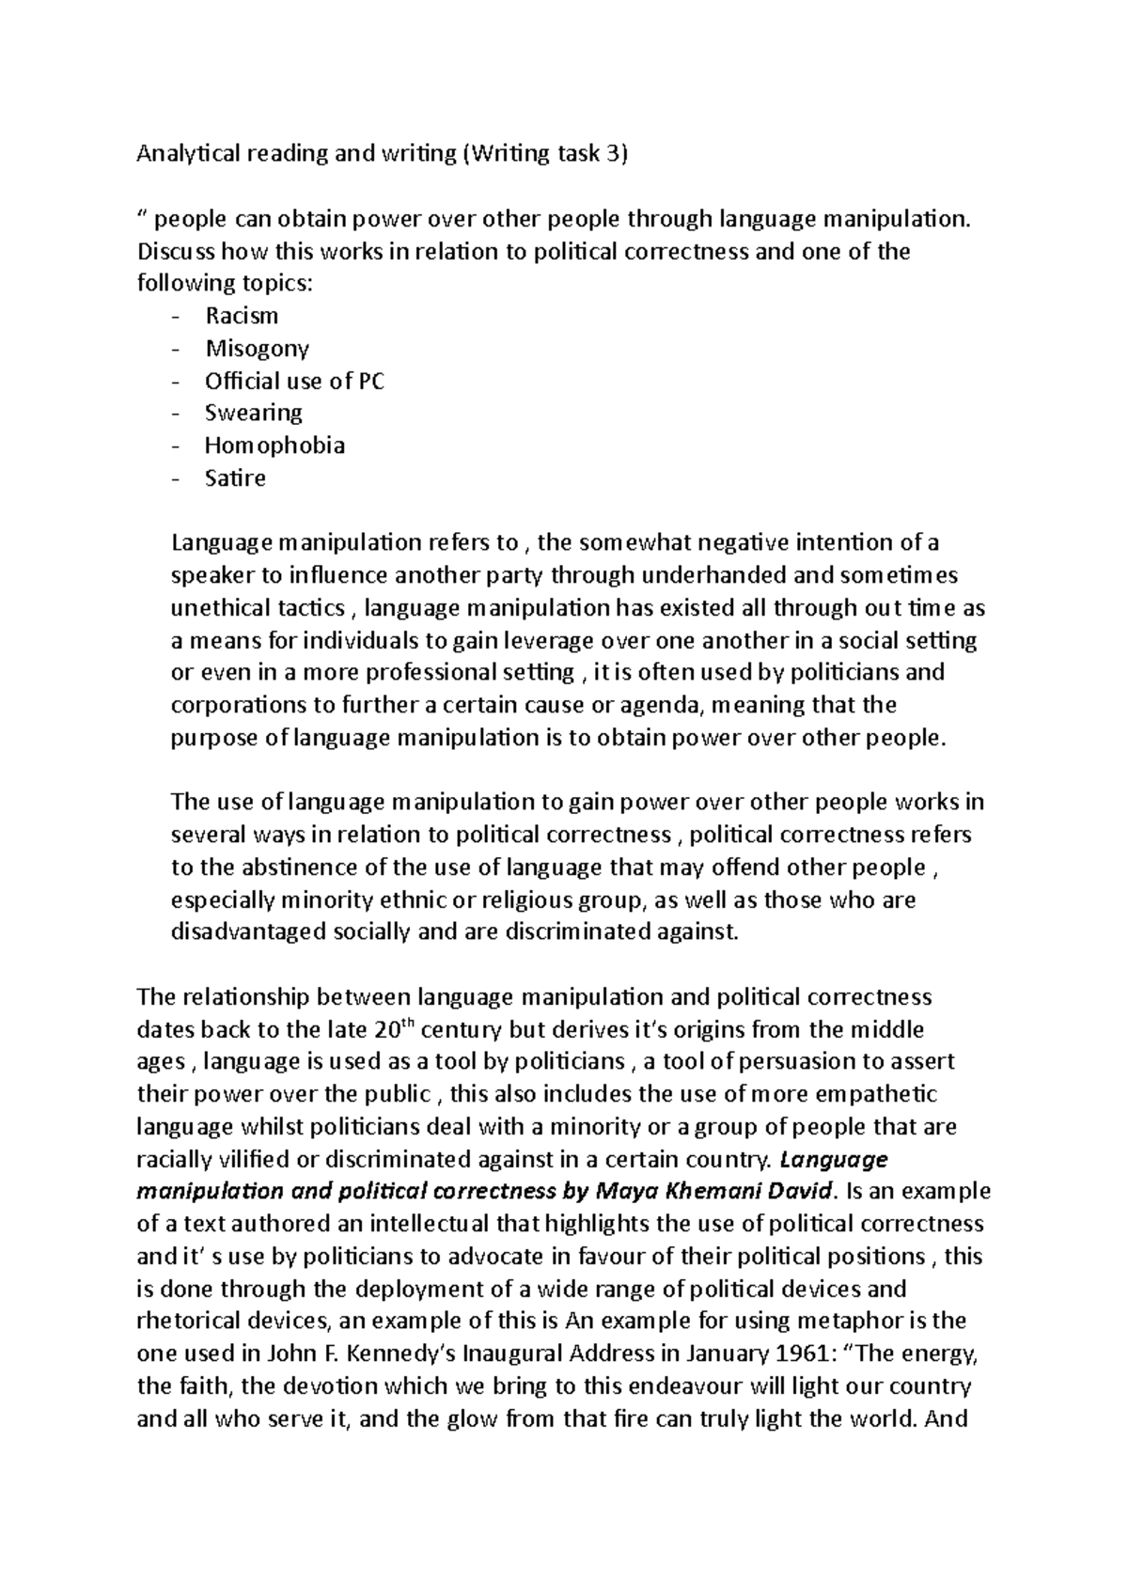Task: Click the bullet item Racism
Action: [242, 316]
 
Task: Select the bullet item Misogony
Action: [257, 349]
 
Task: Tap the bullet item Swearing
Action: [254, 414]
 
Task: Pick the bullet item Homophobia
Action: [274, 446]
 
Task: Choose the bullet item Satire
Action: [235, 478]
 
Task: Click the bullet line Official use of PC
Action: [294, 381]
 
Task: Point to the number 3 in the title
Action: [612, 153]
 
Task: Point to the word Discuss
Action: [176, 252]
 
